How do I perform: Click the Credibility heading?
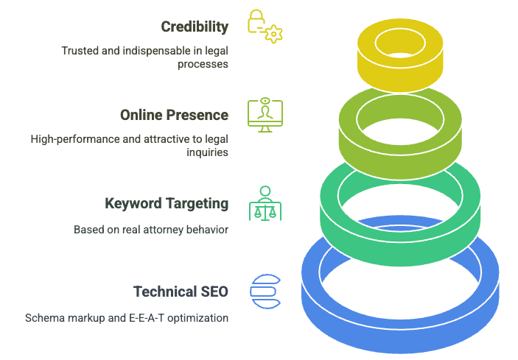click(x=195, y=27)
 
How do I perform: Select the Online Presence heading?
click(x=174, y=116)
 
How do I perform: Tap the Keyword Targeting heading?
click(x=167, y=204)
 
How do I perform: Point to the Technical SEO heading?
click(x=181, y=292)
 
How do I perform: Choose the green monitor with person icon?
click(x=265, y=115)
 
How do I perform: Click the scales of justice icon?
click(x=265, y=204)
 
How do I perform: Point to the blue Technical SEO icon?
click(x=265, y=292)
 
